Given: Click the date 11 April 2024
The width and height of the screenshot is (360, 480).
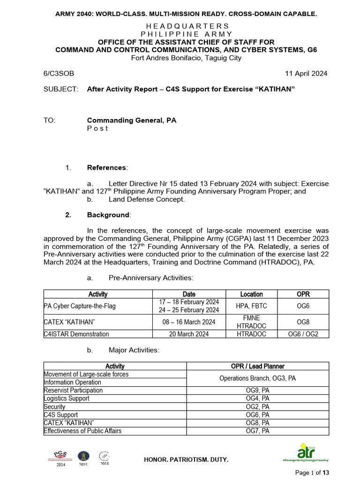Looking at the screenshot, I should [x=306, y=74].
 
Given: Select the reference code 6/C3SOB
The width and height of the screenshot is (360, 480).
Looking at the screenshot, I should [x=59, y=74].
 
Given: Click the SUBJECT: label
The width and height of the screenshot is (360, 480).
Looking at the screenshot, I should [x=60, y=89].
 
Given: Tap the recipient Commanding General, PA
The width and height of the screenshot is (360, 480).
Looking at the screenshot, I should [x=131, y=120].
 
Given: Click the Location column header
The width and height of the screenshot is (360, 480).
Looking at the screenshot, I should [x=251, y=294].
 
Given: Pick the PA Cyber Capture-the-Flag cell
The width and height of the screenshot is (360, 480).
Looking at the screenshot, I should [x=79, y=306].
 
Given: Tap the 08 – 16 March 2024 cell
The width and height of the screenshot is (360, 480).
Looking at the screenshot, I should [x=189, y=322].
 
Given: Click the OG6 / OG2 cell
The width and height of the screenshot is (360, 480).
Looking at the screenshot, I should [x=303, y=334].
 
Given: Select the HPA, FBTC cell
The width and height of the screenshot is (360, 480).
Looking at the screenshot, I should [x=251, y=306].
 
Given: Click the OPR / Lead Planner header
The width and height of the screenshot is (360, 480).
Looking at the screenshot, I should [x=258, y=366].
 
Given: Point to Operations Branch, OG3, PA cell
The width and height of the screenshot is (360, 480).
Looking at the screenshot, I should [x=258, y=378].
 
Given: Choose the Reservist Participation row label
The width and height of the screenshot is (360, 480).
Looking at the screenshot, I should [x=73, y=390].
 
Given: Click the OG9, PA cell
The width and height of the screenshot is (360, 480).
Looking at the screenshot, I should [x=258, y=390].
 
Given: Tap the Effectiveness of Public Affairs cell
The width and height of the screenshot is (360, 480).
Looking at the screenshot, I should [x=82, y=430].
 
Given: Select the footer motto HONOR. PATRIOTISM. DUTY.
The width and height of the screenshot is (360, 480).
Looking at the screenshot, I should [x=186, y=460].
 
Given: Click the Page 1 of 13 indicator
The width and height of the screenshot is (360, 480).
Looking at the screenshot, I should [x=312, y=472].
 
